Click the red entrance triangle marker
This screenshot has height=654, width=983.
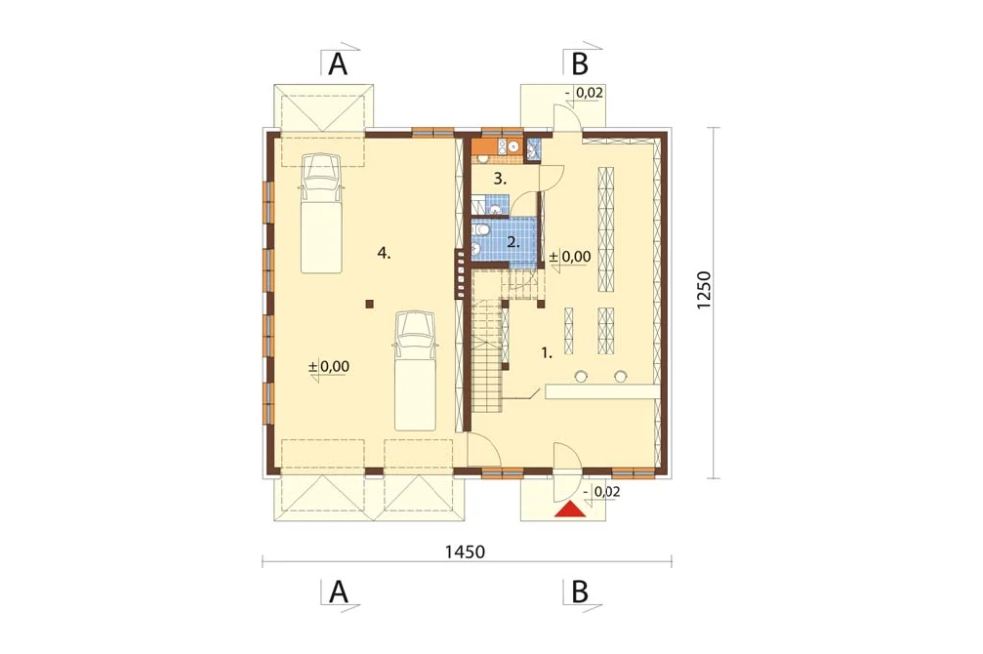[570, 510]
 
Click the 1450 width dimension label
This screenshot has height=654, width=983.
[465, 551]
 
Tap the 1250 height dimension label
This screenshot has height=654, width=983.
[704, 291]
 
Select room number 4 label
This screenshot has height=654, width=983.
[384, 253]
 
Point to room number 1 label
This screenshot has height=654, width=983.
[547, 354]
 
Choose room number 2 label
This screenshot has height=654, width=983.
[513, 243]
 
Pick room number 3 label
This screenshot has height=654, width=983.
[499, 179]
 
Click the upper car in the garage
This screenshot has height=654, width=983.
[321, 213]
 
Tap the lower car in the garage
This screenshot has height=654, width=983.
[415, 371]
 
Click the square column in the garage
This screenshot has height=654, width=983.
[370, 304]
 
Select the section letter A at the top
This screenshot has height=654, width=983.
[338, 64]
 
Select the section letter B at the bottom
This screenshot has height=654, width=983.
[580, 591]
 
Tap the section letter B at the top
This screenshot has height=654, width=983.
[580, 64]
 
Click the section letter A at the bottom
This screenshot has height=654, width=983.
[338, 591]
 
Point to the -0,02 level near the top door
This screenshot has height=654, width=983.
[584, 93]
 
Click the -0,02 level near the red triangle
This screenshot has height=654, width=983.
[602, 492]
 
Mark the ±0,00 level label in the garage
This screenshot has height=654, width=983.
[328, 366]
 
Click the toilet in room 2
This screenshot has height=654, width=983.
[481, 231]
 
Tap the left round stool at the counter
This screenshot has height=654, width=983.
[581, 376]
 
